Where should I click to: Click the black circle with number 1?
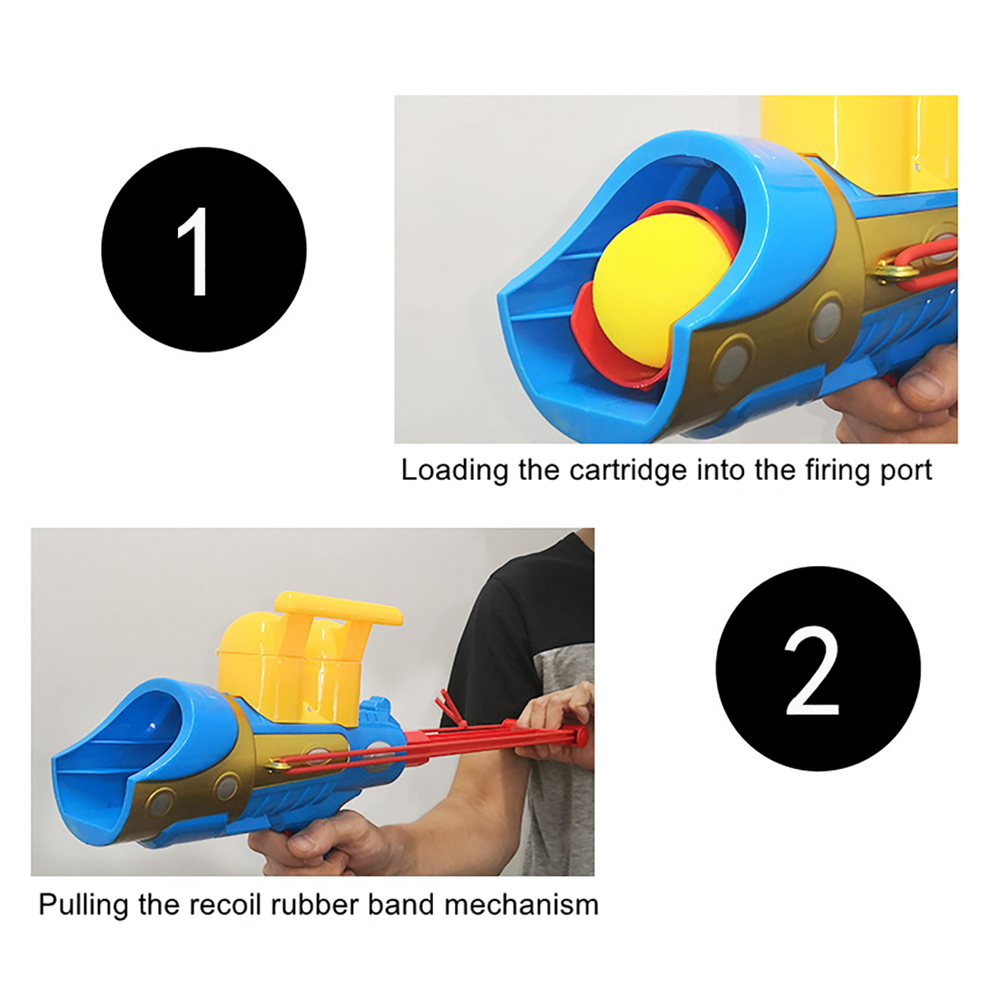pyautogui.click(x=204, y=250)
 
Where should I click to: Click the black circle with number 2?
pyautogui.click(x=818, y=668)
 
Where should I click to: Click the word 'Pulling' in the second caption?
pyautogui.click(x=83, y=905)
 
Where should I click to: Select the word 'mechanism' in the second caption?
pyautogui.click(x=521, y=905)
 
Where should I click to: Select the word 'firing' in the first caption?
pyautogui.click(x=834, y=470)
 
